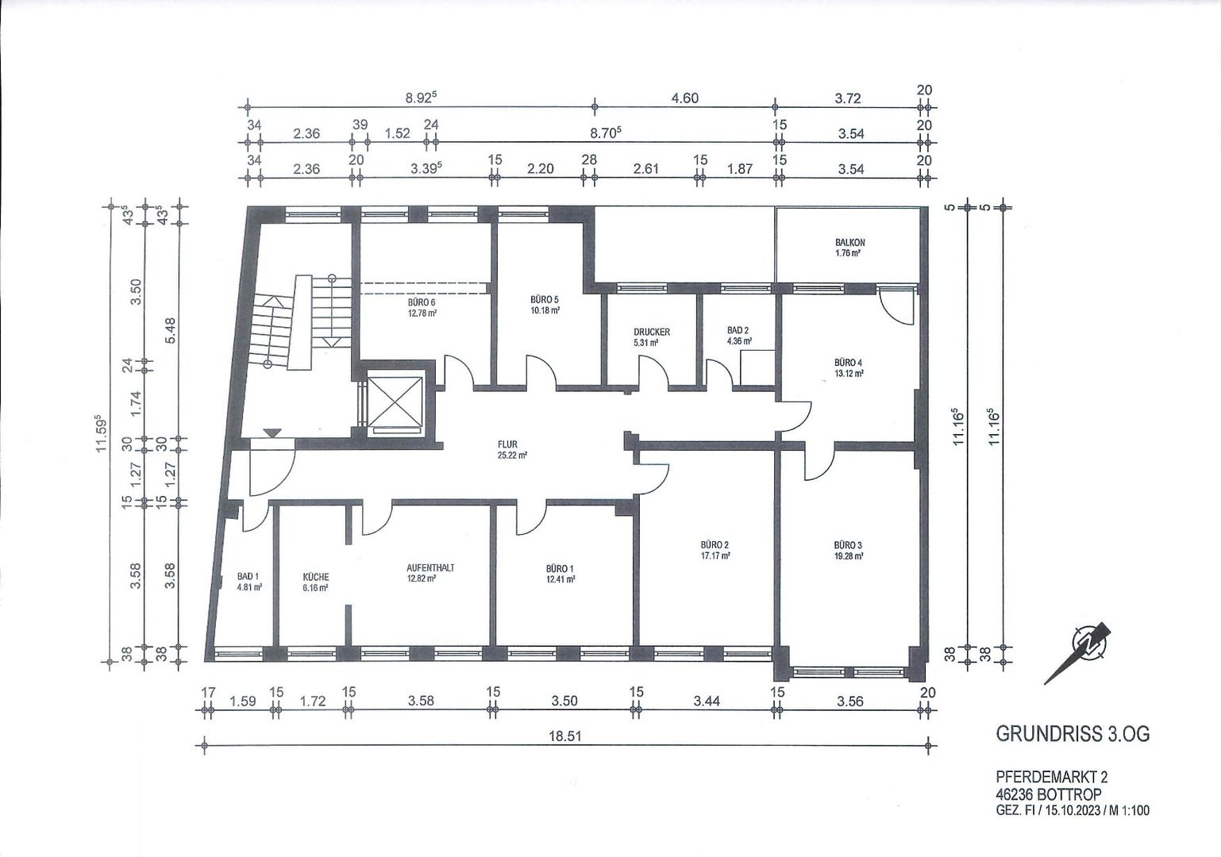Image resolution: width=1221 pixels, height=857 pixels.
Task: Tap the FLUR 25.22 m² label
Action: click(x=511, y=449)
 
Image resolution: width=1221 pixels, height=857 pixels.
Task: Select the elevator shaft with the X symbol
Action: click(x=395, y=401)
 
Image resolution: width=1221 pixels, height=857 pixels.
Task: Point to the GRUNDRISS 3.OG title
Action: click(x=1073, y=734)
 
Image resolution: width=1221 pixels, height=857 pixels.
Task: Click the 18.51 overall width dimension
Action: click(x=565, y=736)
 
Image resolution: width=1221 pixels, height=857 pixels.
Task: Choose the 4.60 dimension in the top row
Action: click(x=684, y=98)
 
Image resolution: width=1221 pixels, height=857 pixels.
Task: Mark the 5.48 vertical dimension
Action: click(x=171, y=330)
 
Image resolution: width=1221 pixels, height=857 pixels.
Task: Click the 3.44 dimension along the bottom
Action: click(x=707, y=701)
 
